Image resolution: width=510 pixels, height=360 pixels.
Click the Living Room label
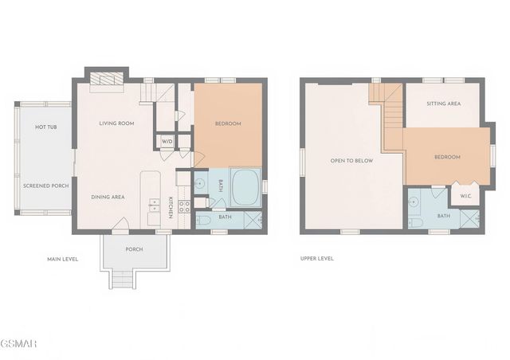pos(116,123)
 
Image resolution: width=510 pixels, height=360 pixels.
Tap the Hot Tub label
pos(46,127)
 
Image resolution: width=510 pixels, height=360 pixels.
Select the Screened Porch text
pos(46,186)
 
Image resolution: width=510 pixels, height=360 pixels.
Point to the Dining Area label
pos(108,197)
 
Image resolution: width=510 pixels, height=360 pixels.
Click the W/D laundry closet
pos(167,142)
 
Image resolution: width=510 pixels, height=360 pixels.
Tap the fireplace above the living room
pos(107,78)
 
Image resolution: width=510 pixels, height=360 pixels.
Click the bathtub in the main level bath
pos(245,187)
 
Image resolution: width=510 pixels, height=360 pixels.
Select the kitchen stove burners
pos(184,207)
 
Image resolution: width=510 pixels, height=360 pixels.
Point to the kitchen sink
pos(154,205)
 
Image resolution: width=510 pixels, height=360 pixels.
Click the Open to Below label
pos(351,161)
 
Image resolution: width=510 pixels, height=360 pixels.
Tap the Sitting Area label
pos(444,104)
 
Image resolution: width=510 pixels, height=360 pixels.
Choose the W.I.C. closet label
pos(465,197)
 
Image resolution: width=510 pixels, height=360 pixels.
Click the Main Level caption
pos(62,259)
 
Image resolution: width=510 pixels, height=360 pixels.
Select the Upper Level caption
pos(317,259)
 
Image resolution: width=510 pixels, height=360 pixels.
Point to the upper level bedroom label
pos(447,157)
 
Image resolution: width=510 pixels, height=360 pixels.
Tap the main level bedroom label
pos(228,123)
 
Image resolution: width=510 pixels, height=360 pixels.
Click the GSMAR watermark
pos(18,343)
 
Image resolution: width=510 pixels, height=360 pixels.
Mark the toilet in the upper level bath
pos(415,223)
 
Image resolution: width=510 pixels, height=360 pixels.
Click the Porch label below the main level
pos(134,249)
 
